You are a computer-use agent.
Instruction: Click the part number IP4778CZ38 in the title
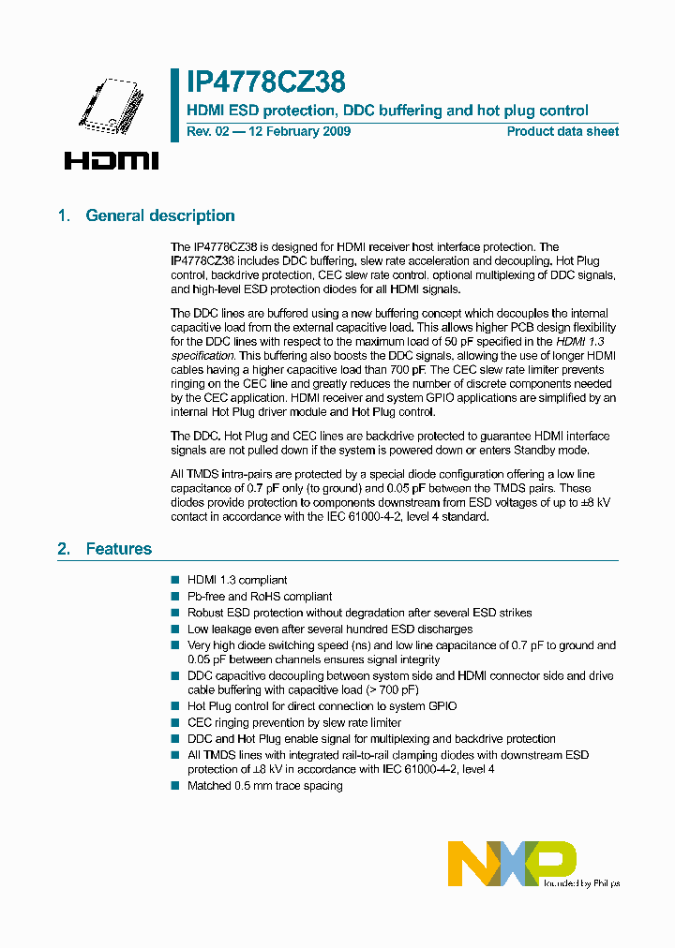266,82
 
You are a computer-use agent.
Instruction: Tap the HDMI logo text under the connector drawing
112,160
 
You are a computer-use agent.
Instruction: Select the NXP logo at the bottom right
511,863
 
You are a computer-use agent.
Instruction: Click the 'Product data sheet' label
562,131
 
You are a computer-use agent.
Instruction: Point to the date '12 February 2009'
297,131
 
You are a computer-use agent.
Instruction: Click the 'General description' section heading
160,215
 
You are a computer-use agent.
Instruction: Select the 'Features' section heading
118,549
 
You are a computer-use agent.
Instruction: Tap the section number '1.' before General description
64,215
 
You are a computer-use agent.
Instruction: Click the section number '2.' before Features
64,549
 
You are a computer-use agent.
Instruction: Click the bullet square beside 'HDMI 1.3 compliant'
174,581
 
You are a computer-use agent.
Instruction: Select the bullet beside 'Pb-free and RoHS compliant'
174,597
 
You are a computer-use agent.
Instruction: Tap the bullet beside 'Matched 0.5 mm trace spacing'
174,786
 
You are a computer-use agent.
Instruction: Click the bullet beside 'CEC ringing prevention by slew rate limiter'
174,723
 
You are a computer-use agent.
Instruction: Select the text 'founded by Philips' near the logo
582,882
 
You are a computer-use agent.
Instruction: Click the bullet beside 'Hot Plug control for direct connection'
174,706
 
